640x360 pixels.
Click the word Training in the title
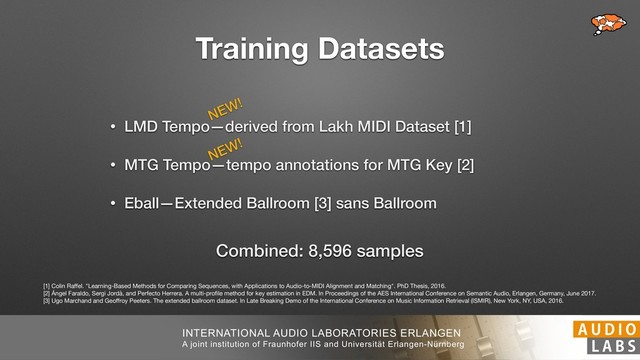(x=256, y=48)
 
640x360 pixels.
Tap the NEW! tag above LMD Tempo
(x=226, y=108)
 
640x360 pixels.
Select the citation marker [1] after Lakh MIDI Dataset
(x=462, y=129)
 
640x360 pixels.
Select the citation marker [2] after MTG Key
(x=465, y=165)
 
